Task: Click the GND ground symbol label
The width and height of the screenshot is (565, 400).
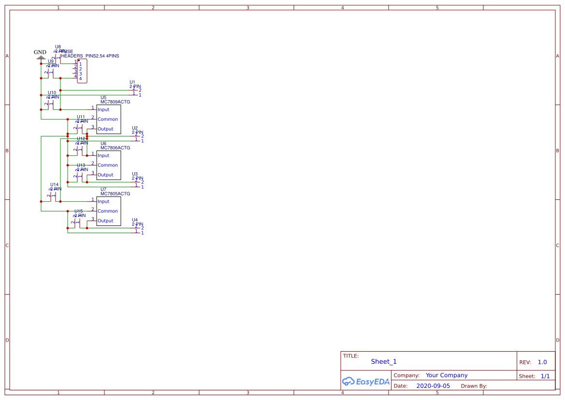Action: pyautogui.click(x=40, y=52)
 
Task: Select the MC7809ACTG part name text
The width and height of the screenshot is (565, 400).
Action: pyautogui.click(x=115, y=102)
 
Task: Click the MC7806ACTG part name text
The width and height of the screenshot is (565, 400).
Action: pyautogui.click(x=115, y=148)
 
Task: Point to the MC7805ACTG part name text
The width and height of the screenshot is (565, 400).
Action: pyautogui.click(x=115, y=194)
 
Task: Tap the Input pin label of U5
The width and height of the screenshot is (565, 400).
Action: pyautogui.click(x=103, y=110)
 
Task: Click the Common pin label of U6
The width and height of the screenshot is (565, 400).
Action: pyautogui.click(x=108, y=165)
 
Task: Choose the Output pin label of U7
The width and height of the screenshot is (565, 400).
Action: pyautogui.click(x=105, y=221)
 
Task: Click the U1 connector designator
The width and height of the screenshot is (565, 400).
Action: pyautogui.click(x=132, y=82)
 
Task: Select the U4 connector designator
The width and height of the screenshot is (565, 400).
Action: pyautogui.click(x=135, y=220)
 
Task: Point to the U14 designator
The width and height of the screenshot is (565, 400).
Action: pyautogui.click(x=55, y=185)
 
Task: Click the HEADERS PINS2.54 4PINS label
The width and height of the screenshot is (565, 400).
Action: pyautogui.click(x=90, y=56)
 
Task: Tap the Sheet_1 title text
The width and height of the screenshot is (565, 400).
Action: pyautogui.click(x=384, y=362)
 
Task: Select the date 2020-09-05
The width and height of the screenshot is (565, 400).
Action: pyautogui.click(x=433, y=386)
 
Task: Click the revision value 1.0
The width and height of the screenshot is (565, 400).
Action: pyautogui.click(x=542, y=362)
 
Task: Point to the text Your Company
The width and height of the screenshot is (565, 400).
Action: pyautogui.click(x=447, y=375)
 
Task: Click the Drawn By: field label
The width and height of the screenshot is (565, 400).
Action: pyautogui.click(x=474, y=386)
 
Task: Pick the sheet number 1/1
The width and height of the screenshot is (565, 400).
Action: pyautogui.click(x=545, y=376)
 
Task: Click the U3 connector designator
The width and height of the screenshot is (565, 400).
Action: pyautogui.click(x=135, y=174)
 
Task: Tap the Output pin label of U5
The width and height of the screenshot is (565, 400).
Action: pyautogui.click(x=105, y=129)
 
